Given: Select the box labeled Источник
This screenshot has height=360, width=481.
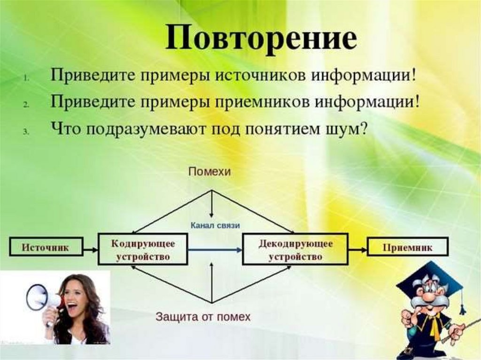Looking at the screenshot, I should tap(45, 247).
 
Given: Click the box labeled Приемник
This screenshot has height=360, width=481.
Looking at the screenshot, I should tap(407, 247).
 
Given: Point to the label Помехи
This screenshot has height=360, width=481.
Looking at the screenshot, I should tap(209, 172).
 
